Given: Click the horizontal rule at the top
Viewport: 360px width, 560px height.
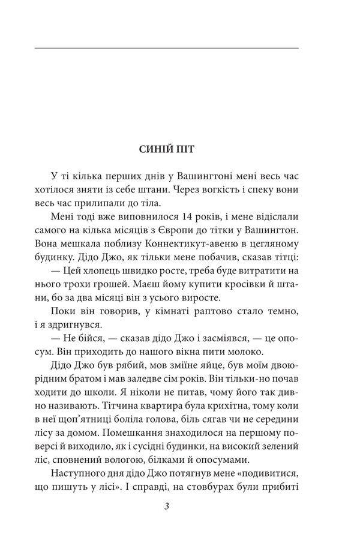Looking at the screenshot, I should tap(167, 47).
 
